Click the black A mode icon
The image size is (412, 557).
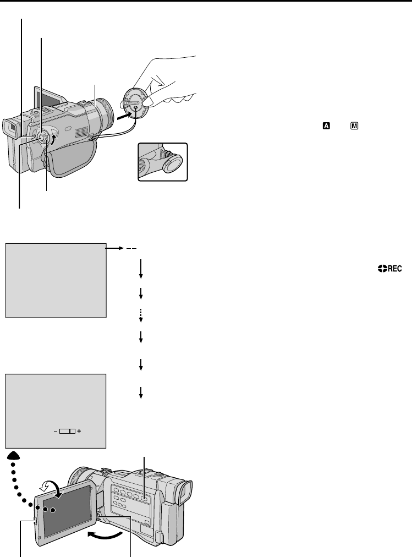coord(326,126)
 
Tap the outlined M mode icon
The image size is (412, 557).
coord(354,126)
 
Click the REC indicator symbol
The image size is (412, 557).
coord(390,269)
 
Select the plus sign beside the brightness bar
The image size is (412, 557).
coord(79,432)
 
